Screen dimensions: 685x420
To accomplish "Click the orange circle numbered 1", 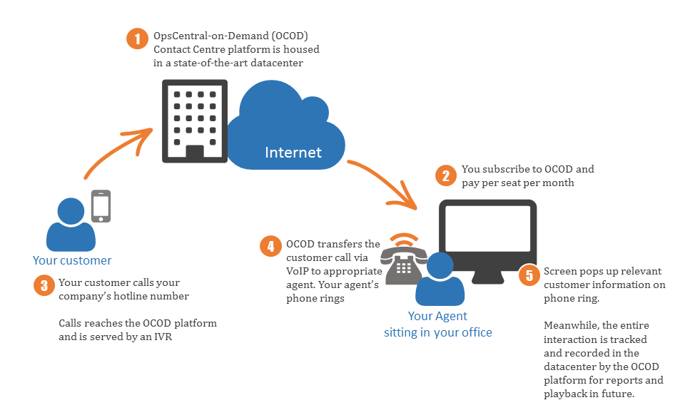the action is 137,39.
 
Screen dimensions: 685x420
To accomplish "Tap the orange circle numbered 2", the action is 446,175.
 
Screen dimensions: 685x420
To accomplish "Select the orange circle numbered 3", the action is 44,285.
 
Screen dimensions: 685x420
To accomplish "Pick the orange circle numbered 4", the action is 270,246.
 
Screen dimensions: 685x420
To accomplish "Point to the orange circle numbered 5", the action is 529,275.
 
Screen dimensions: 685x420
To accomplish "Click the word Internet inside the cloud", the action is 293,153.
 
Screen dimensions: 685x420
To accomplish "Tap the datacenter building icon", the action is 195,121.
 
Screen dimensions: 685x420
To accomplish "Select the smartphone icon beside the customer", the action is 101,206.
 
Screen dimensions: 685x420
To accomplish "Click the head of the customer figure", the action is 71,211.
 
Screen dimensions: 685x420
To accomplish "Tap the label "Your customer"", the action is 72,261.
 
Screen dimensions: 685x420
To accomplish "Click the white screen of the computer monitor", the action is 487,228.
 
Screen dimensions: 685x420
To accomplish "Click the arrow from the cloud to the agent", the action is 385,180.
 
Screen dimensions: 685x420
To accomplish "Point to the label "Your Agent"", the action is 437,316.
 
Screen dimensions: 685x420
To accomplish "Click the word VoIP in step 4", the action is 297,271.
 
